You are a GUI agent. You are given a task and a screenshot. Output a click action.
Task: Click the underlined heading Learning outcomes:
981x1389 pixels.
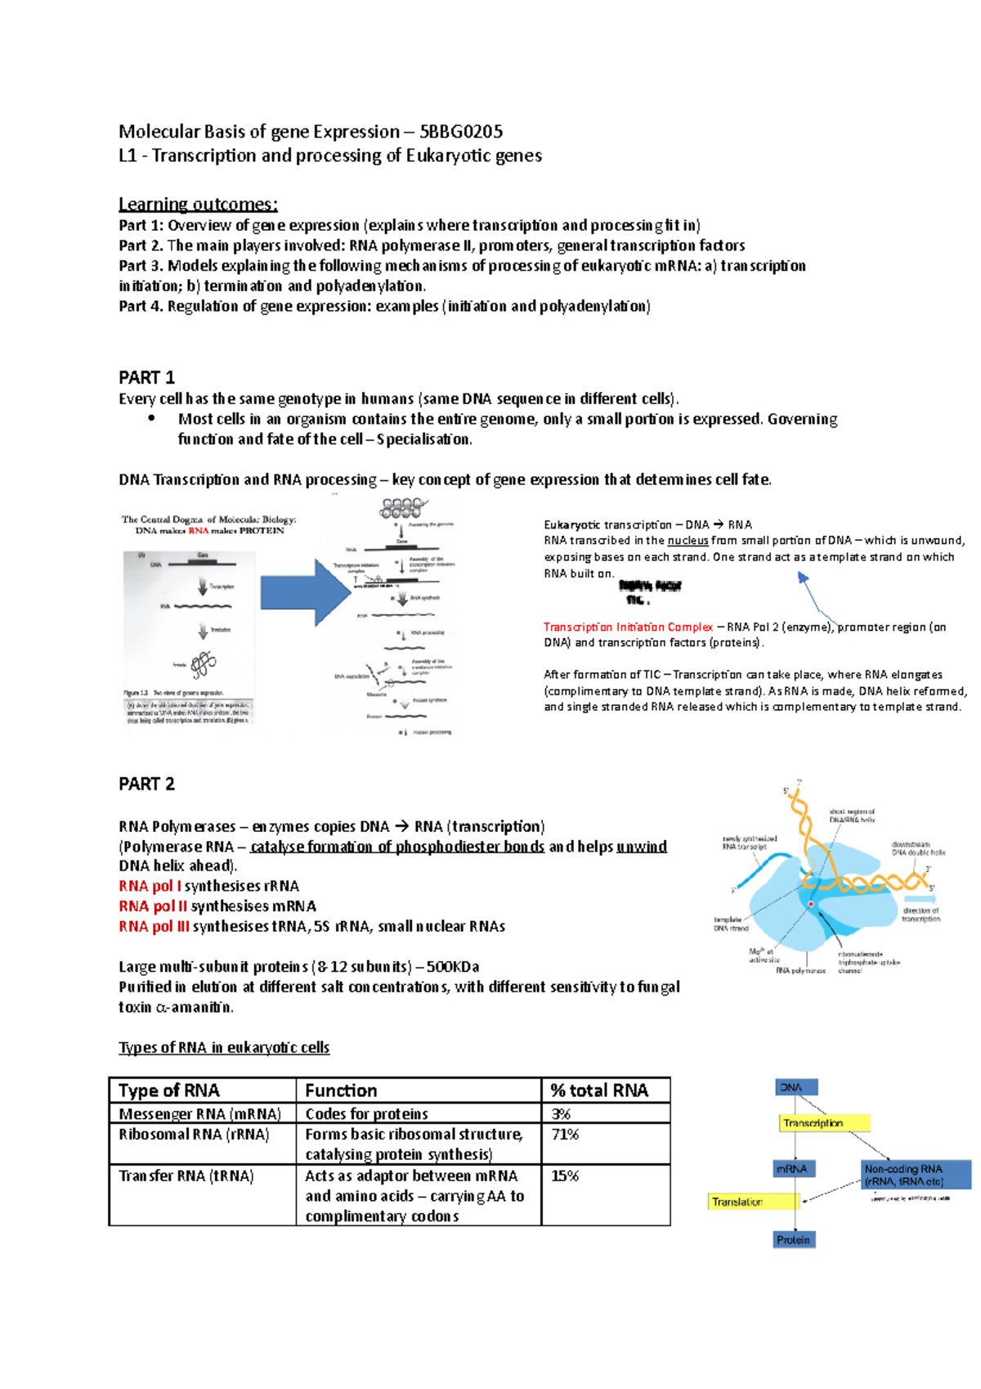point(198,204)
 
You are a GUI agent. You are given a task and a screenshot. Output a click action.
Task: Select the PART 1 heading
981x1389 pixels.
point(146,378)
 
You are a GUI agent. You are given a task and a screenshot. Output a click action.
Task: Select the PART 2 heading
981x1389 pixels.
point(146,784)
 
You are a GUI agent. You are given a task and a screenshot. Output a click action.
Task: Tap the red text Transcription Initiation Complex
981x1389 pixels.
point(628,627)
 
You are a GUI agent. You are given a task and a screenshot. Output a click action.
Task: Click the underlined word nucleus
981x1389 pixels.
point(688,541)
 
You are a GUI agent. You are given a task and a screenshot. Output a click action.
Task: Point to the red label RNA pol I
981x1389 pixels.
point(150,886)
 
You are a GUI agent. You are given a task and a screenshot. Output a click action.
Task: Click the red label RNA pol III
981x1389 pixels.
point(154,927)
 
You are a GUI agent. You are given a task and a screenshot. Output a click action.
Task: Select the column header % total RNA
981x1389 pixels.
point(599,1090)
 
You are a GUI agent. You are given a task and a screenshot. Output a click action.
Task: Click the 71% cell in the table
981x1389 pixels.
point(564,1135)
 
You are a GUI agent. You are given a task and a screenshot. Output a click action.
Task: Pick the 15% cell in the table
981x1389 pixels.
point(564,1175)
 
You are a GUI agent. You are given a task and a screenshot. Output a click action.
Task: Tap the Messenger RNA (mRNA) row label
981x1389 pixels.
point(199,1114)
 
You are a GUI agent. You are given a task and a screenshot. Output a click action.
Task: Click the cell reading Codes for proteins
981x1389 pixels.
point(366,1114)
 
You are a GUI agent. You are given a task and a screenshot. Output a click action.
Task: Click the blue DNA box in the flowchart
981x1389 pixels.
point(795,1087)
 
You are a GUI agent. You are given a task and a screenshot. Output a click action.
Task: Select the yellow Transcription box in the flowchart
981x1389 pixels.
point(823,1123)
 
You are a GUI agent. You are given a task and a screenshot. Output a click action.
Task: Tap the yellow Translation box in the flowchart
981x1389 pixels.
point(753,1202)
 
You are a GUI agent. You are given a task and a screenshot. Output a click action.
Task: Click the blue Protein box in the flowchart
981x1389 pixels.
point(794,1240)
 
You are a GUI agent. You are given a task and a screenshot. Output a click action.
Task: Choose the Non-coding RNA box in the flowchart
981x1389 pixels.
point(916,1175)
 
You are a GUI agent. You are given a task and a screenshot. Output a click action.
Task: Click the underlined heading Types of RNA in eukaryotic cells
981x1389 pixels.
point(224,1048)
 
